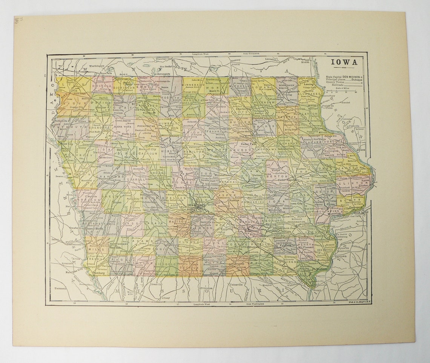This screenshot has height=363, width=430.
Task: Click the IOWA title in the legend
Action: pos(344,63)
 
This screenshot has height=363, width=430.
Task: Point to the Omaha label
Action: pos(73,228)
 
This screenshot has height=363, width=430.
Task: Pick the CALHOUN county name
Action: pos(147,153)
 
